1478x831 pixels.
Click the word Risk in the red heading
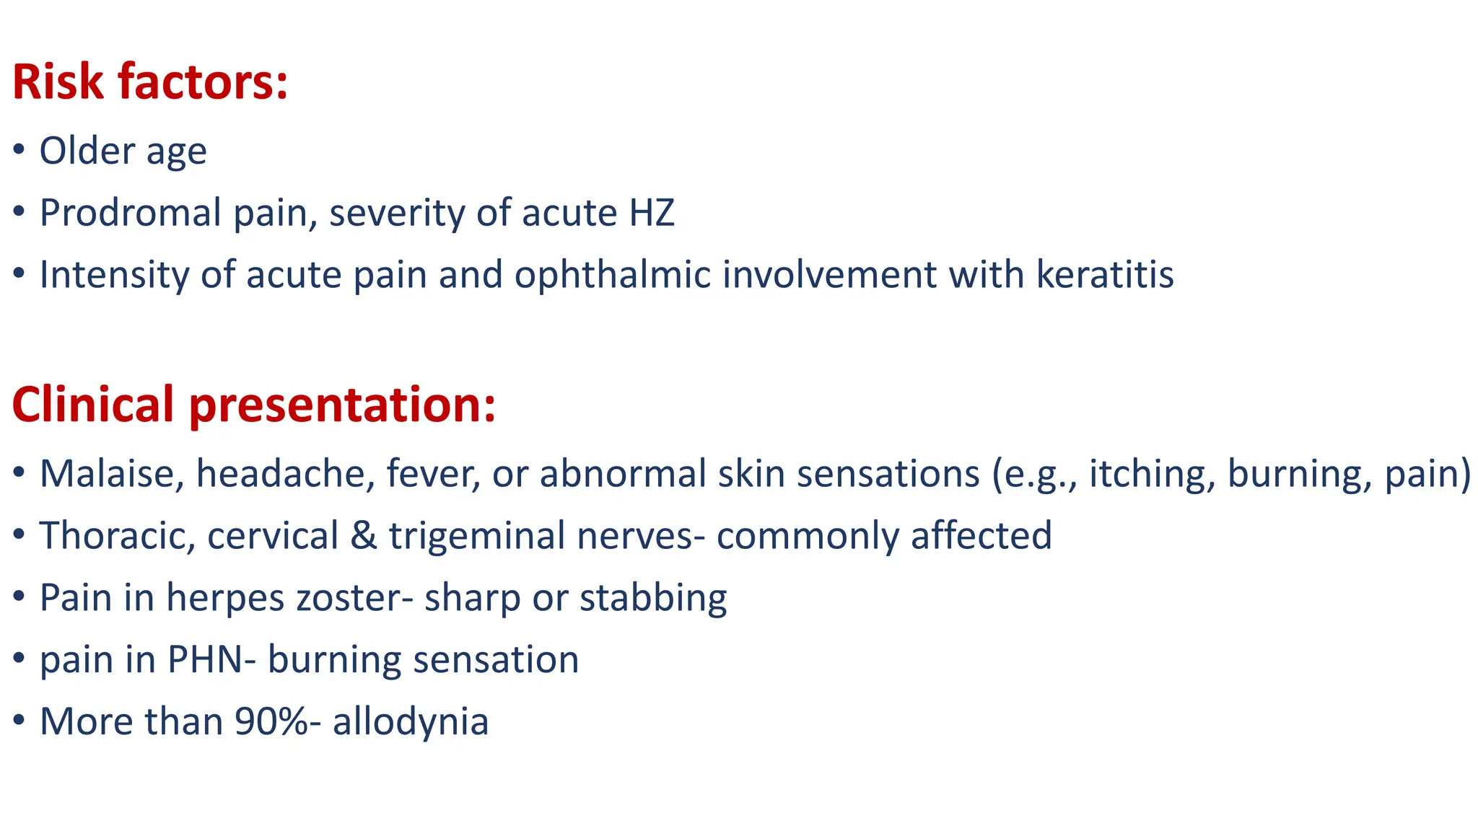click(x=58, y=82)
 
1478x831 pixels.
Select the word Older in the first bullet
click(x=87, y=151)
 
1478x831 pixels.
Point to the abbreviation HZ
click(x=652, y=213)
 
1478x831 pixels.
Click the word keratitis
click(x=1105, y=275)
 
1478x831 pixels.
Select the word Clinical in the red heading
click(x=93, y=404)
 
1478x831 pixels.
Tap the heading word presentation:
click(x=343, y=405)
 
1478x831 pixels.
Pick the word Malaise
click(x=112, y=474)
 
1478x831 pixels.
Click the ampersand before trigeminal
click(x=364, y=536)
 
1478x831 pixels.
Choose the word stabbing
click(x=653, y=599)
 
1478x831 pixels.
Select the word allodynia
click(x=411, y=722)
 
